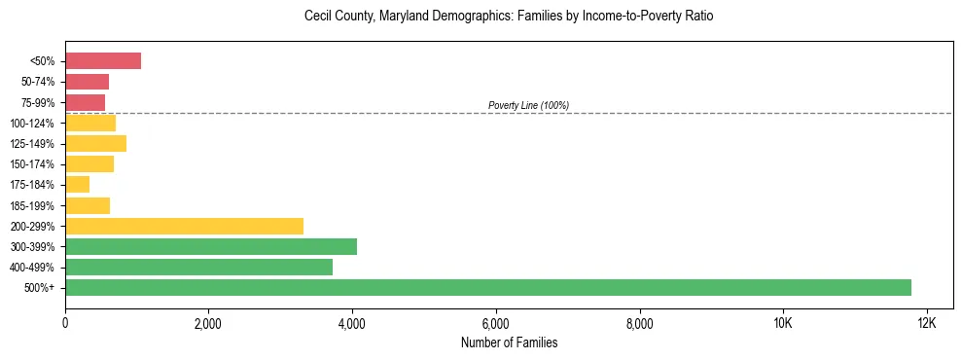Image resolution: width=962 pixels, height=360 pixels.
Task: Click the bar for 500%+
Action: click(x=488, y=287)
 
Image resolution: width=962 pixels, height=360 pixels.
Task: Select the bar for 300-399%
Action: click(x=211, y=246)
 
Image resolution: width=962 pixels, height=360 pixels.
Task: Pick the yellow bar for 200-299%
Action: click(x=184, y=226)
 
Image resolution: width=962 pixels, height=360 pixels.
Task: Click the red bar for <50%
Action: click(x=103, y=61)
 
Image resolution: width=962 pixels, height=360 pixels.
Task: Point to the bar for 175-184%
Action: click(x=78, y=184)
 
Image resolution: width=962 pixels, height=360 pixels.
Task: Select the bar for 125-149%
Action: click(x=95, y=143)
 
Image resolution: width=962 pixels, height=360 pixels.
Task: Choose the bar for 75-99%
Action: click(x=85, y=102)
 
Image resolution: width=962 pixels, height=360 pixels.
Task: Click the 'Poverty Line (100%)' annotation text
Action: click(x=528, y=105)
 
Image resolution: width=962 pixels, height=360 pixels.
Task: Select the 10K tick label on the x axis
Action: click(x=782, y=323)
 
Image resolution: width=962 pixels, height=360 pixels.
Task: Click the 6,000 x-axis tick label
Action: click(x=495, y=323)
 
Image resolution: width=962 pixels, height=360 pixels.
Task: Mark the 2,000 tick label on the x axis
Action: click(x=208, y=323)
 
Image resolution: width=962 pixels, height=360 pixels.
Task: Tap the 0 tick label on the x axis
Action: click(x=65, y=323)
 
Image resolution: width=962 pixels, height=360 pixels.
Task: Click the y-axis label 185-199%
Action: click(x=36, y=205)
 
